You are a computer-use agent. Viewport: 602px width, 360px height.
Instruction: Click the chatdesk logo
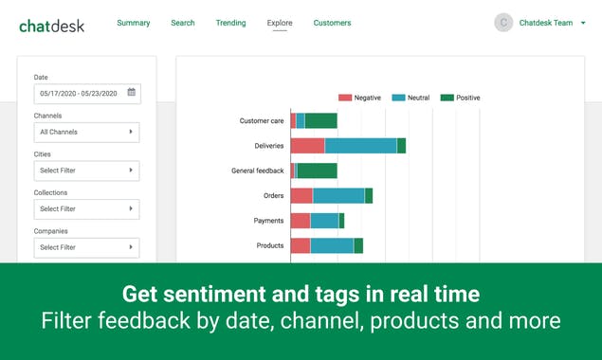click(51, 25)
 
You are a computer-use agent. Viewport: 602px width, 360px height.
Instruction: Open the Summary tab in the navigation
click(134, 23)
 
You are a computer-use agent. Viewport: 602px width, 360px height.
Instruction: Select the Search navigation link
click(183, 23)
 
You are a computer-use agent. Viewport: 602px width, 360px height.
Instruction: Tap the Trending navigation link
click(230, 23)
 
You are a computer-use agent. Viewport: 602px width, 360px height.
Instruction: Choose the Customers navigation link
click(332, 23)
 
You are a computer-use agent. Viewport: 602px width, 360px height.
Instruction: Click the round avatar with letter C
click(503, 23)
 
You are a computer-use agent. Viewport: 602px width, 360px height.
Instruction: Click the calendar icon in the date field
click(132, 93)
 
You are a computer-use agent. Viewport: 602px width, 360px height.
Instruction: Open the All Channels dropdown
click(87, 132)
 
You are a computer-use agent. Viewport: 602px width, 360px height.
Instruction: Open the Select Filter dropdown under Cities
click(87, 171)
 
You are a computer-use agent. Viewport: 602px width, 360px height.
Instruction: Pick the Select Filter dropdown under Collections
click(87, 208)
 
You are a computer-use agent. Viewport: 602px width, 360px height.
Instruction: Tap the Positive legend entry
click(462, 98)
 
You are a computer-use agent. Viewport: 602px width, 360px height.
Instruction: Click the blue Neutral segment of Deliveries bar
click(360, 146)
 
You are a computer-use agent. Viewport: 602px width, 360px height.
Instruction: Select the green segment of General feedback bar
click(318, 171)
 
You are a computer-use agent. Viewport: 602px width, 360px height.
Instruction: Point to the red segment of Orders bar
click(301, 195)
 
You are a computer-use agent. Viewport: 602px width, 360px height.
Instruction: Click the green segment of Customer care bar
click(321, 120)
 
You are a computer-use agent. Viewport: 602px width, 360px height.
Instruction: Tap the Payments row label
click(268, 221)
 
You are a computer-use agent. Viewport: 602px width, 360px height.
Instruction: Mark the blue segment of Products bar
click(332, 245)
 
